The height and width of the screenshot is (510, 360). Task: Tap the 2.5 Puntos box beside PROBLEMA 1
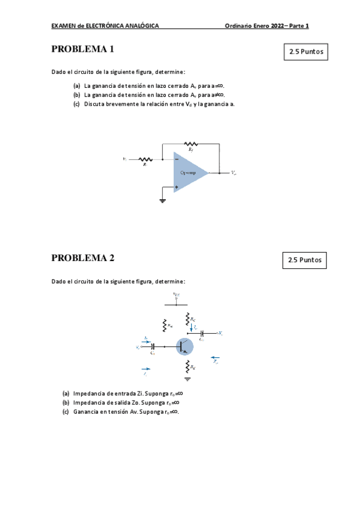click(306, 52)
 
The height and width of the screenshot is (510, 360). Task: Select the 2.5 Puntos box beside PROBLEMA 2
click(305, 260)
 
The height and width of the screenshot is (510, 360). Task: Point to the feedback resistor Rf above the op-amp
click(191, 144)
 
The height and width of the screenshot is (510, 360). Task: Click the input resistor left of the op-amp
click(145, 159)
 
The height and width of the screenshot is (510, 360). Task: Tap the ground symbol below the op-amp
click(162, 200)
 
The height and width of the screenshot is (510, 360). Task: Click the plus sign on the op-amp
click(177, 187)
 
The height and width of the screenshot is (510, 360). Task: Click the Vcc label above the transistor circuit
click(176, 295)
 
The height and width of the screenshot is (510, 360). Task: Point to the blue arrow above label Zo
click(215, 358)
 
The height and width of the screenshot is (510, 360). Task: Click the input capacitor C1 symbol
click(153, 346)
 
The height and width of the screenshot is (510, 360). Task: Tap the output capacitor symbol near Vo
click(202, 333)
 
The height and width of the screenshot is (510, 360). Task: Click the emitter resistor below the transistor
click(188, 366)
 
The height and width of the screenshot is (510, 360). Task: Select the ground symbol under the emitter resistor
click(188, 379)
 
